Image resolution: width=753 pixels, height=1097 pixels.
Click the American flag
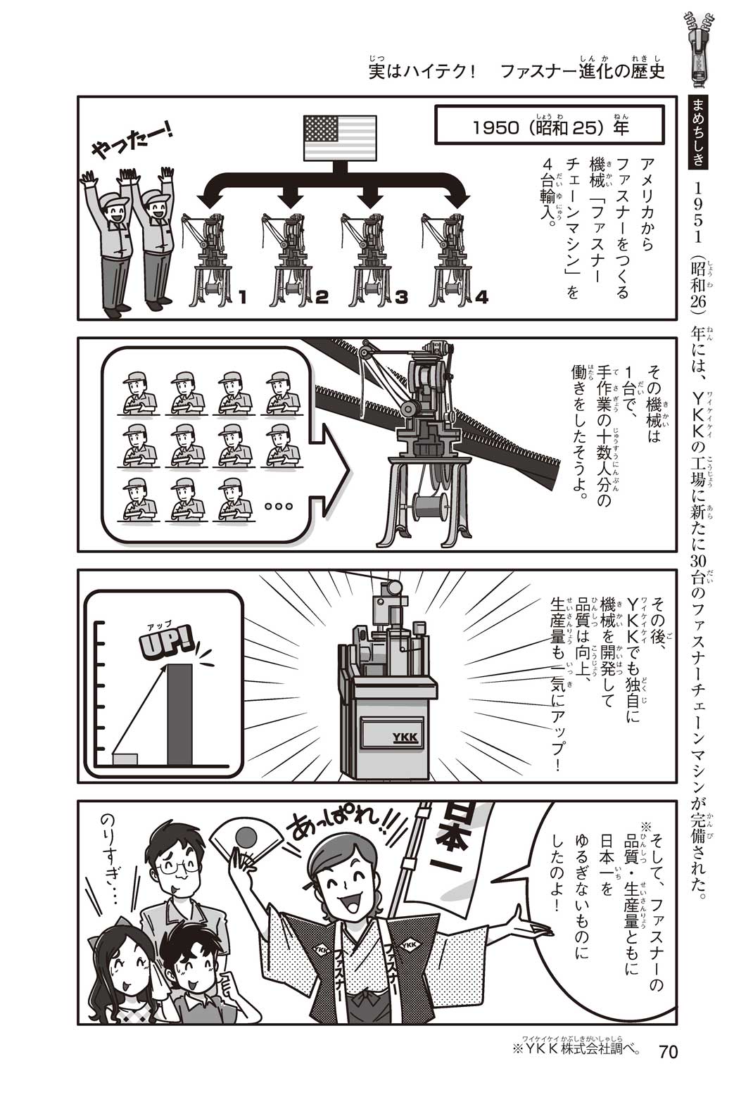[340, 138]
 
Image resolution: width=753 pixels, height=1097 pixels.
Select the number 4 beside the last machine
[481, 297]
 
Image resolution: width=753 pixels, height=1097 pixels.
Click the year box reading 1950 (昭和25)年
[549, 127]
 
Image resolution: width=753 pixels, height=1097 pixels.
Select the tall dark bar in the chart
[179, 714]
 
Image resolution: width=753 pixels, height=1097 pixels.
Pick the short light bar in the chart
[125, 759]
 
